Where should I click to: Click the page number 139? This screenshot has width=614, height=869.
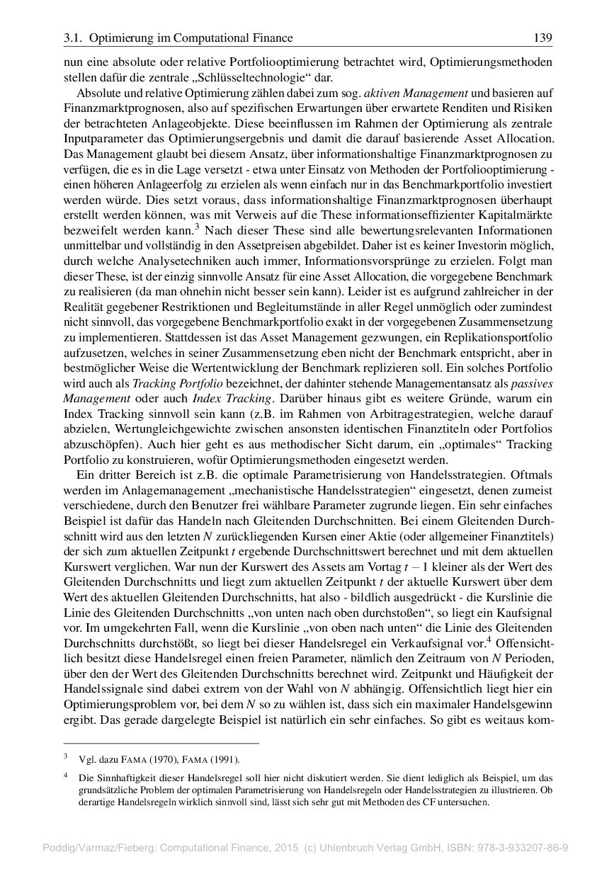543,38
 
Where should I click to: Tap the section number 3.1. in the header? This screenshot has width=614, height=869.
74,38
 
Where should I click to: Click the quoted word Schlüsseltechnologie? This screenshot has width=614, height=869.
266,77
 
